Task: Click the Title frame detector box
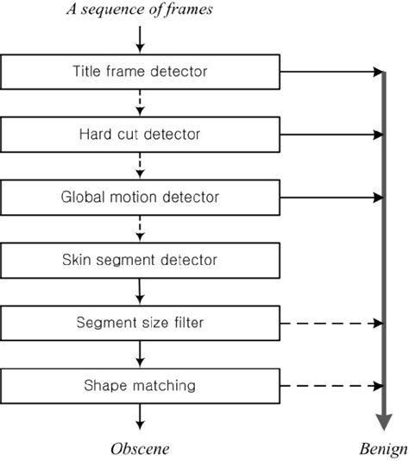tap(140, 71)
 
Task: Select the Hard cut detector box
tap(140, 134)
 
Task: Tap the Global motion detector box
tap(140, 196)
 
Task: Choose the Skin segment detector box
tap(140, 259)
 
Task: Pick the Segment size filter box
tap(140, 323)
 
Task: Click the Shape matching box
tap(140, 385)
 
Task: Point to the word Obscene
tap(140, 448)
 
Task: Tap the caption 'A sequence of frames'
tap(140, 10)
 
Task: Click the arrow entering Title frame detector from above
tap(141, 39)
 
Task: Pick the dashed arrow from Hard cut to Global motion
tap(141, 165)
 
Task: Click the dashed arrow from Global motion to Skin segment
tap(141, 228)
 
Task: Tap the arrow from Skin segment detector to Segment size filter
tap(141, 291)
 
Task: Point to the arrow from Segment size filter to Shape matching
tap(141, 354)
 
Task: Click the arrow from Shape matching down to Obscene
tap(141, 416)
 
